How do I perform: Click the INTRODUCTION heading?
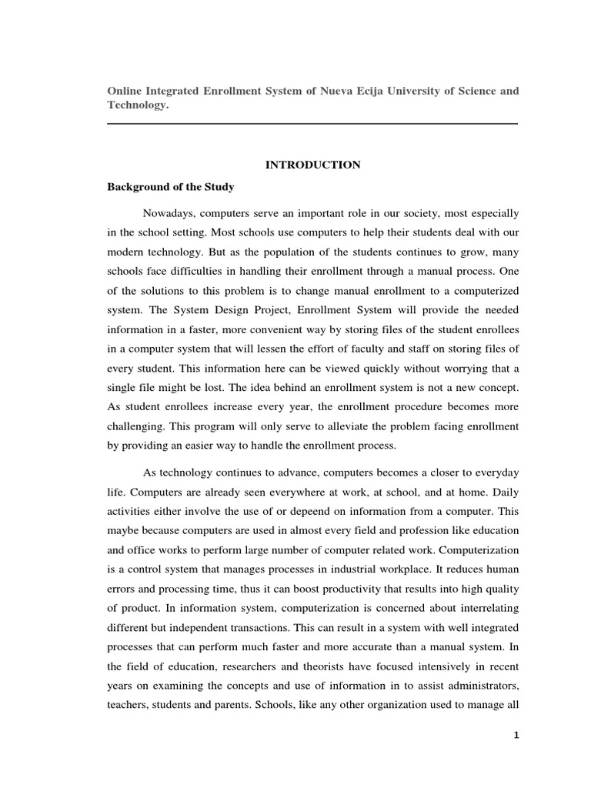[312, 165]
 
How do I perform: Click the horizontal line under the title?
[312, 123]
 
